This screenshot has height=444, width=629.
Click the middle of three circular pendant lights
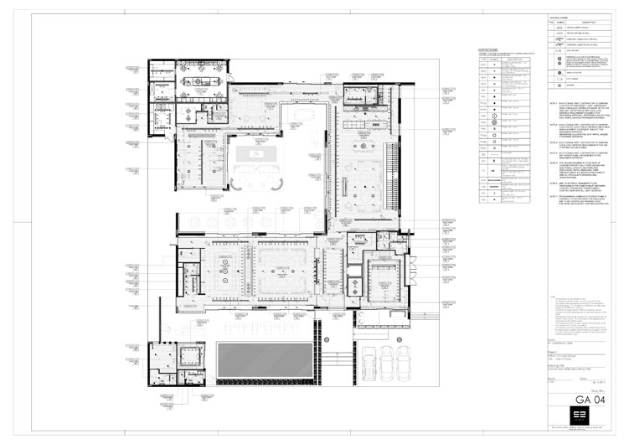tap(224, 268)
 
